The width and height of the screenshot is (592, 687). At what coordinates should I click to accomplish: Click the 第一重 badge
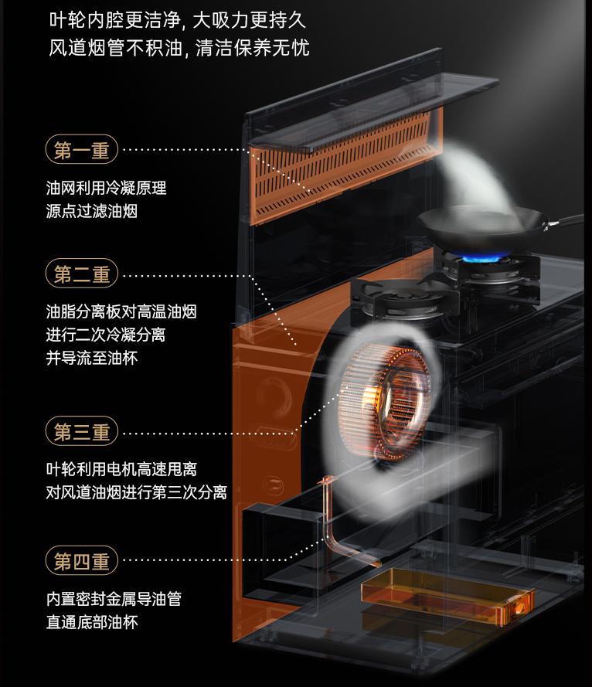pos(82,150)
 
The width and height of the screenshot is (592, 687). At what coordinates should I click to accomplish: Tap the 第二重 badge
pos(82,274)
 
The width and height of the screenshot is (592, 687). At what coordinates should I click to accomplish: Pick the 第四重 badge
pos(82,560)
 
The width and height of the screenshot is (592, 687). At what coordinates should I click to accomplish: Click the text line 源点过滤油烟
pos(91,211)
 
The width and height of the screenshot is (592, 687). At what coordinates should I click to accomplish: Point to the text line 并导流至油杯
pos(91,359)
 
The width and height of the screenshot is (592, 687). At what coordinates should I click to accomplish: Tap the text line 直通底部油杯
pos(91,622)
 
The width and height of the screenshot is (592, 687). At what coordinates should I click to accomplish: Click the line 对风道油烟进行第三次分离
pos(136,492)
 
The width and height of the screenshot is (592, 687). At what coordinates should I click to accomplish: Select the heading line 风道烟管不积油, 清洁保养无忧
pos(179,48)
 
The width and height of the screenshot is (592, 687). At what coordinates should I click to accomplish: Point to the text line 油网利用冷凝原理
pos(106,188)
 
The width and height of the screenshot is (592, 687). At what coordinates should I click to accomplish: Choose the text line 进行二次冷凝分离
pos(105,336)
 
